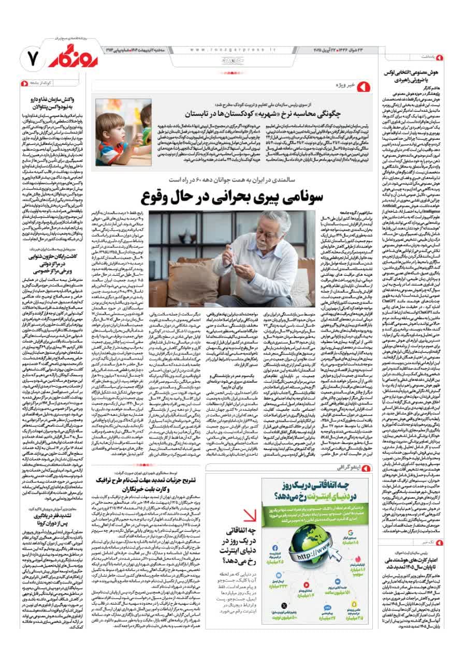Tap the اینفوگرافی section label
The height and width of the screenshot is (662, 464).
(350, 468)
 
